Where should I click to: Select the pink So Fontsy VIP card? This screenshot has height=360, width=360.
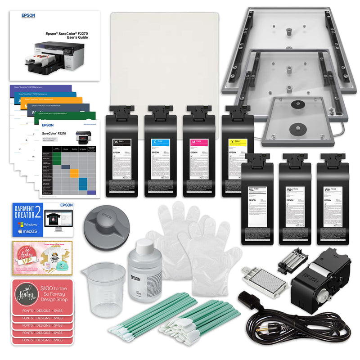(43, 256)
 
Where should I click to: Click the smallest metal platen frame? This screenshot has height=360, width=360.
(298, 119)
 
